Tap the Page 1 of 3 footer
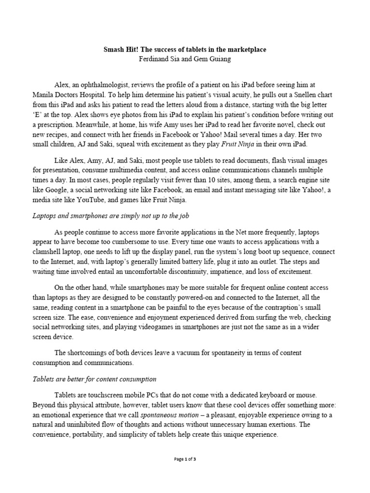pos(185,459)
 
